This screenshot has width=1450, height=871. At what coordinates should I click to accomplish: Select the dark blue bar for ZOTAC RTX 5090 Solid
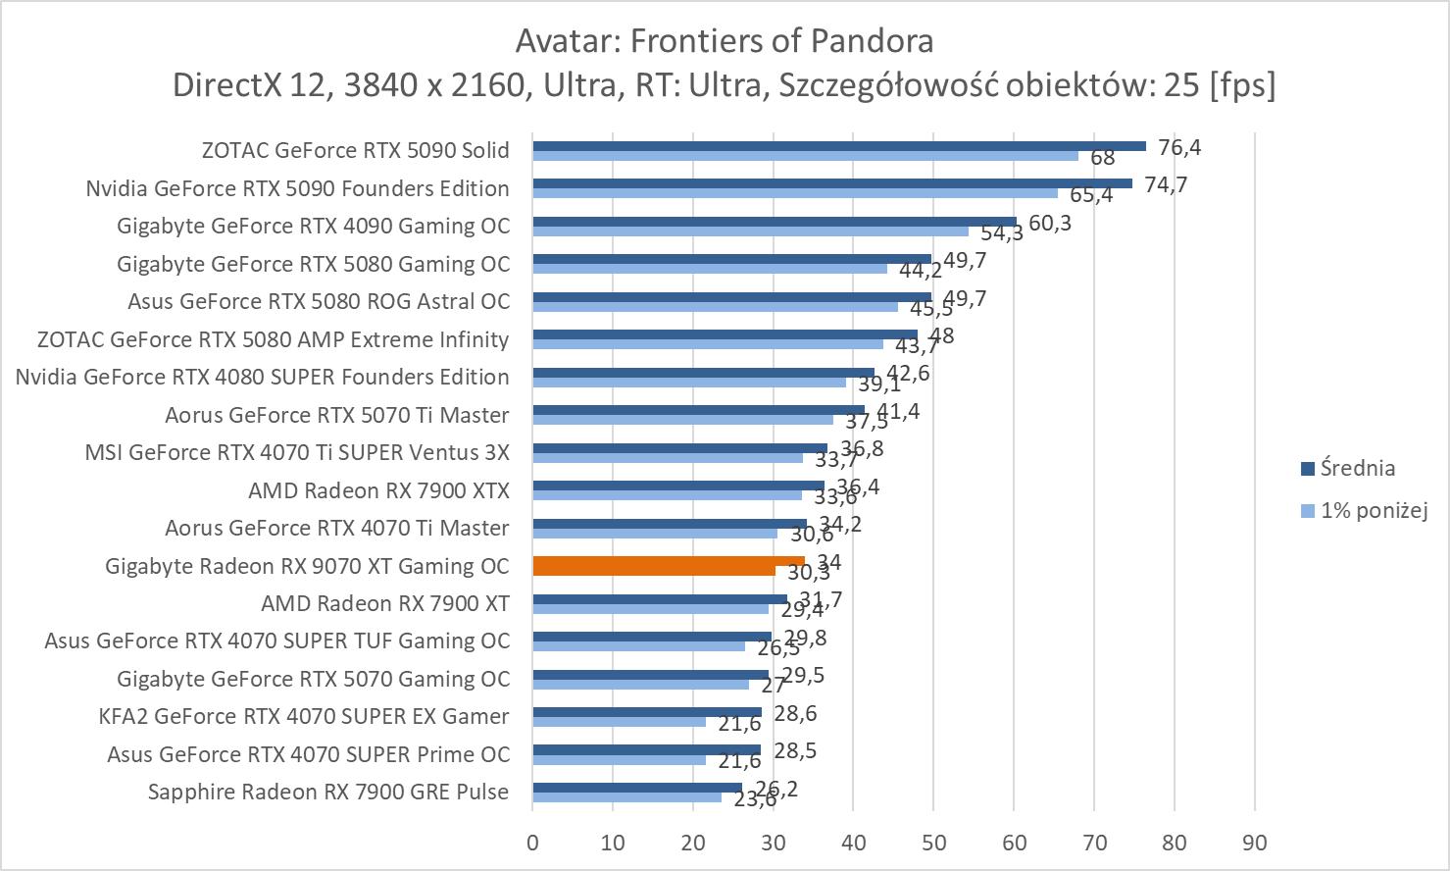click(838, 146)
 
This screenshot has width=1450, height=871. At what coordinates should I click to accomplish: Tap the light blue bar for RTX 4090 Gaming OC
click(750, 231)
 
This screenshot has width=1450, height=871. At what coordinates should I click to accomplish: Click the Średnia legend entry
click(1357, 469)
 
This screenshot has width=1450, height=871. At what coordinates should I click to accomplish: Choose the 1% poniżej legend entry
click(1373, 510)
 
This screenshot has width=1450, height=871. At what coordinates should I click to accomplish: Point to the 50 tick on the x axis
click(933, 843)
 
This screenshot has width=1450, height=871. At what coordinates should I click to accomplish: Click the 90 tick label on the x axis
click(1254, 843)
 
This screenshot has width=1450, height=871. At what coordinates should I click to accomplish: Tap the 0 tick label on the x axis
click(532, 843)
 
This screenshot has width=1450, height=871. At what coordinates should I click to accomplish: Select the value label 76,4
click(1179, 147)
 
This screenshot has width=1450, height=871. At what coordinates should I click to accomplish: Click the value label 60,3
click(1050, 224)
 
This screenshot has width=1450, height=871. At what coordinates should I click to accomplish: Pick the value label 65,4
click(1091, 195)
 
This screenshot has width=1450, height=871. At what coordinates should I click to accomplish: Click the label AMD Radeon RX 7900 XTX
click(378, 490)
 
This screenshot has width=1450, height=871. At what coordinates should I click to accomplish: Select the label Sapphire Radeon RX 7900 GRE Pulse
click(328, 792)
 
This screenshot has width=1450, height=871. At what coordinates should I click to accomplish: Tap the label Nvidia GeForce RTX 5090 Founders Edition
click(297, 188)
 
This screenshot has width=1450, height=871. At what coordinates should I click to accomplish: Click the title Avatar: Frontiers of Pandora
click(725, 41)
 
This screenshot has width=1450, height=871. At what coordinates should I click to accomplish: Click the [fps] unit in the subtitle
click(1242, 86)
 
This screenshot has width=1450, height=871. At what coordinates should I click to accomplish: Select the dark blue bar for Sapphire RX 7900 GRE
click(637, 787)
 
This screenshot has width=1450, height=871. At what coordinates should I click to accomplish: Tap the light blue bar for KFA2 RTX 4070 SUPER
click(619, 722)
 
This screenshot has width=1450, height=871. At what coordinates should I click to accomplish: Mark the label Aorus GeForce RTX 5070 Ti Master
click(336, 415)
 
